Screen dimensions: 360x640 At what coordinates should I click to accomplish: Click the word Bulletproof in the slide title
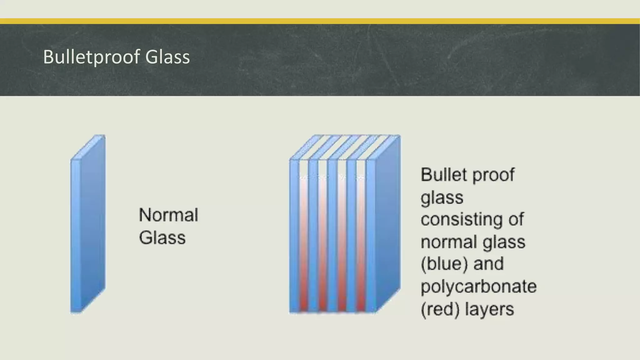(91, 57)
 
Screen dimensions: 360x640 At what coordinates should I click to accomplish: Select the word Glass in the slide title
(167, 57)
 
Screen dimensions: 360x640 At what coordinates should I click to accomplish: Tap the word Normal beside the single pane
(168, 215)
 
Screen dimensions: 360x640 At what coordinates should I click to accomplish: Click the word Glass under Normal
(162, 237)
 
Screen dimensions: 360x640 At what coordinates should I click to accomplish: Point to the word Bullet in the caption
(444, 174)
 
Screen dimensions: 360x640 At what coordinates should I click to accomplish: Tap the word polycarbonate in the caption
(478, 286)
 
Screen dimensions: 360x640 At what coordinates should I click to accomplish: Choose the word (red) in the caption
(440, 309)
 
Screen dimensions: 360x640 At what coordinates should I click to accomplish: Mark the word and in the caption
(488, 264)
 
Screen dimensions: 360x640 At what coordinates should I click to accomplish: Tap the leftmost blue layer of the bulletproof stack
(294, 234)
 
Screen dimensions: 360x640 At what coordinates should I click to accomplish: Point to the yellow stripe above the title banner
(320, 21)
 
